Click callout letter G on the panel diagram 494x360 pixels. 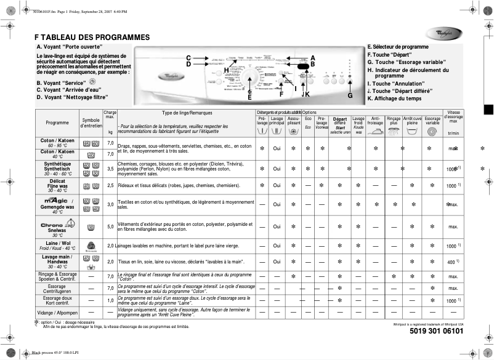click(x=350, y=95)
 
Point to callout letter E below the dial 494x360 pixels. click(x=249, y=97)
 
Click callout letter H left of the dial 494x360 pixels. click(x=226, y=70)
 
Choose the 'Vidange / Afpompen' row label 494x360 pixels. click(x=57, y=313)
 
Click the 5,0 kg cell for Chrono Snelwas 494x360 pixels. click(x=110, y=227)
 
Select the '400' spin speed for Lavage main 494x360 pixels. click(x=451, y=263)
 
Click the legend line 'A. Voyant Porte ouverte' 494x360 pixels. click(x=70, y=47)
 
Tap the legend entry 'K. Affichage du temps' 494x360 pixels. click(x=394, y=98)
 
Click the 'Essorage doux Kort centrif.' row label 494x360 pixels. click(x=57, y=300)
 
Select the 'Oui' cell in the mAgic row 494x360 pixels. click(x=277, y=205)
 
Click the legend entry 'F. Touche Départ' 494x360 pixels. click(x=389, y=54)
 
